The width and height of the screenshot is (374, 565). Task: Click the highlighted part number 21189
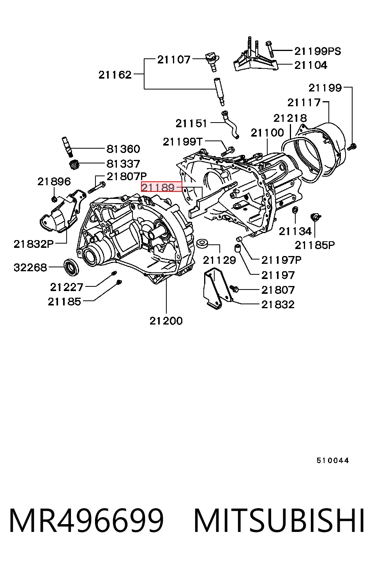pos(158,188)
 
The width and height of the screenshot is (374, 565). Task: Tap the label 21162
pos(115,75)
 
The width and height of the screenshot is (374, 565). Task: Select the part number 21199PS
pos(318,51)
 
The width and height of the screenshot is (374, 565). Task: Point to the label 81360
pos(123,149)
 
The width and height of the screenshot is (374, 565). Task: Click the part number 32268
pos(30,268)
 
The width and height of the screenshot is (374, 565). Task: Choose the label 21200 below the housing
pos(166,321)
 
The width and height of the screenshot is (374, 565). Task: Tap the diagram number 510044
pos(333,461)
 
